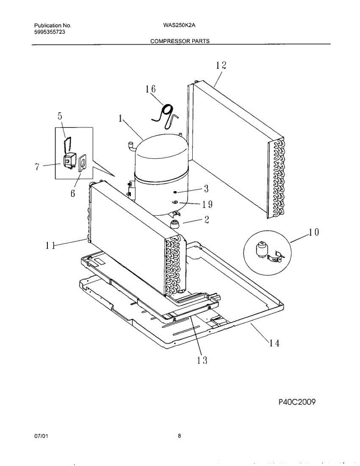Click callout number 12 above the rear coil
pyautogui.click(x=221, y=65)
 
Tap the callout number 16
pyautogui.click(x=151, y=89)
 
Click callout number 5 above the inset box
pyautogui.click(x=60, y=116)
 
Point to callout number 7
pyautogui.click(x=37, y=167)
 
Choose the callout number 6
pyautogui.click(x=73, y=194)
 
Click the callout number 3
pyautogui.click(x=206, y=189)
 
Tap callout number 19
pyautogui.click(x=207, y=204)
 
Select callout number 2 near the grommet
pyautogui.click(x=207, y=220)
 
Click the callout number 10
pyautogui.click(x=314, y=232)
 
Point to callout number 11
pyautogui.click(x=49, y=245)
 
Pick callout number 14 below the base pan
pyautogui.click(x=273, y=343)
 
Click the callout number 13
pyautogui.click(x=202, y=360)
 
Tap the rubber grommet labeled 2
pyautogui.click(x=175, y=224)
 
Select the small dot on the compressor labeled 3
pyautogui.click(x=175, y=192)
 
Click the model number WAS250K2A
pyautogui.click(x=179, y=25)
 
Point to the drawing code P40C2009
pyautogui.click(x=297, y=402)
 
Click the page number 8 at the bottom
pyautogui.click(x=179, y=436)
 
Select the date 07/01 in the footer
pyautogui.click(x=41, y=436)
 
